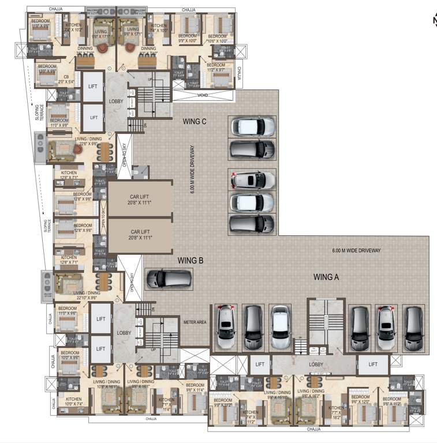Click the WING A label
click(326, 277)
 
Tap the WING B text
click(190, 261)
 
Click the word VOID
click(202, 95)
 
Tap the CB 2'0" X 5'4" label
click(66, 80)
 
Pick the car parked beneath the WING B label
click(169, 279)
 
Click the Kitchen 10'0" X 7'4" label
click(73, 401)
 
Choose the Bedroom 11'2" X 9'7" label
click(216, 67)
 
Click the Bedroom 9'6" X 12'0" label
click(360, 400)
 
